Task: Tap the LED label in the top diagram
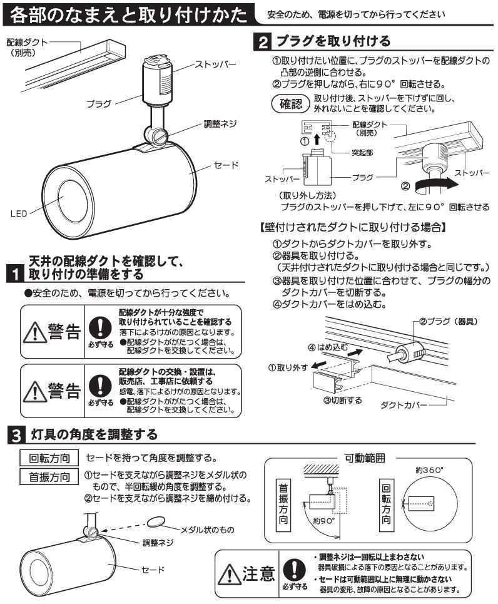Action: point(18,213)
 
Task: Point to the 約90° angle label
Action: point(325,520)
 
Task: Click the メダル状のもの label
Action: point(207,530)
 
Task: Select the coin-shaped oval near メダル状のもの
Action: point(157,523)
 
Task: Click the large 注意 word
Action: point(257,572)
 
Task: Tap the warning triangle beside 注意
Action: point(227,573)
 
